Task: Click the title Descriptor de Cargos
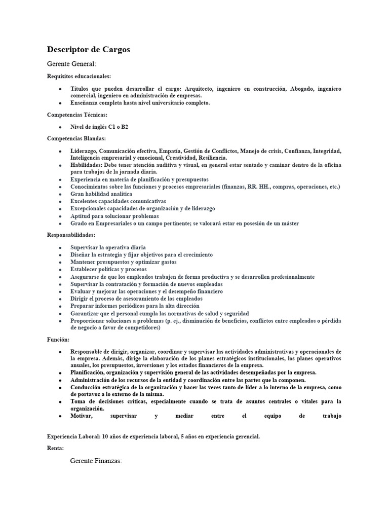tap(89, 49)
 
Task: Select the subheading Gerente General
tap(71, 64)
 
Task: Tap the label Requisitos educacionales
tap(79, 77)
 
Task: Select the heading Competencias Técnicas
tap(77, 115)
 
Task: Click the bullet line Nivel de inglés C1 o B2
tap(99, 127)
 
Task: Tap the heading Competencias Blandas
tap(76, 138)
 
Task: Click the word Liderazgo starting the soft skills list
tap(84, 151)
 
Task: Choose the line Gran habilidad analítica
tap(101, 194)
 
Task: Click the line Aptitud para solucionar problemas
tap(114, 216)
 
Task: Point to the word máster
tap(288, 224)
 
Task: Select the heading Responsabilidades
tap(71, 235)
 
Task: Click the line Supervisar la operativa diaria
tap(108, 247)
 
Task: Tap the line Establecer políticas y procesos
tap(109, 270)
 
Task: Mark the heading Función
tap(58, 340)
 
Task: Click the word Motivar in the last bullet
tap(82, 416)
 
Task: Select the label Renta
tap(55, 448)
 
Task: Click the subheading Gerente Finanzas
tap(96, 461)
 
